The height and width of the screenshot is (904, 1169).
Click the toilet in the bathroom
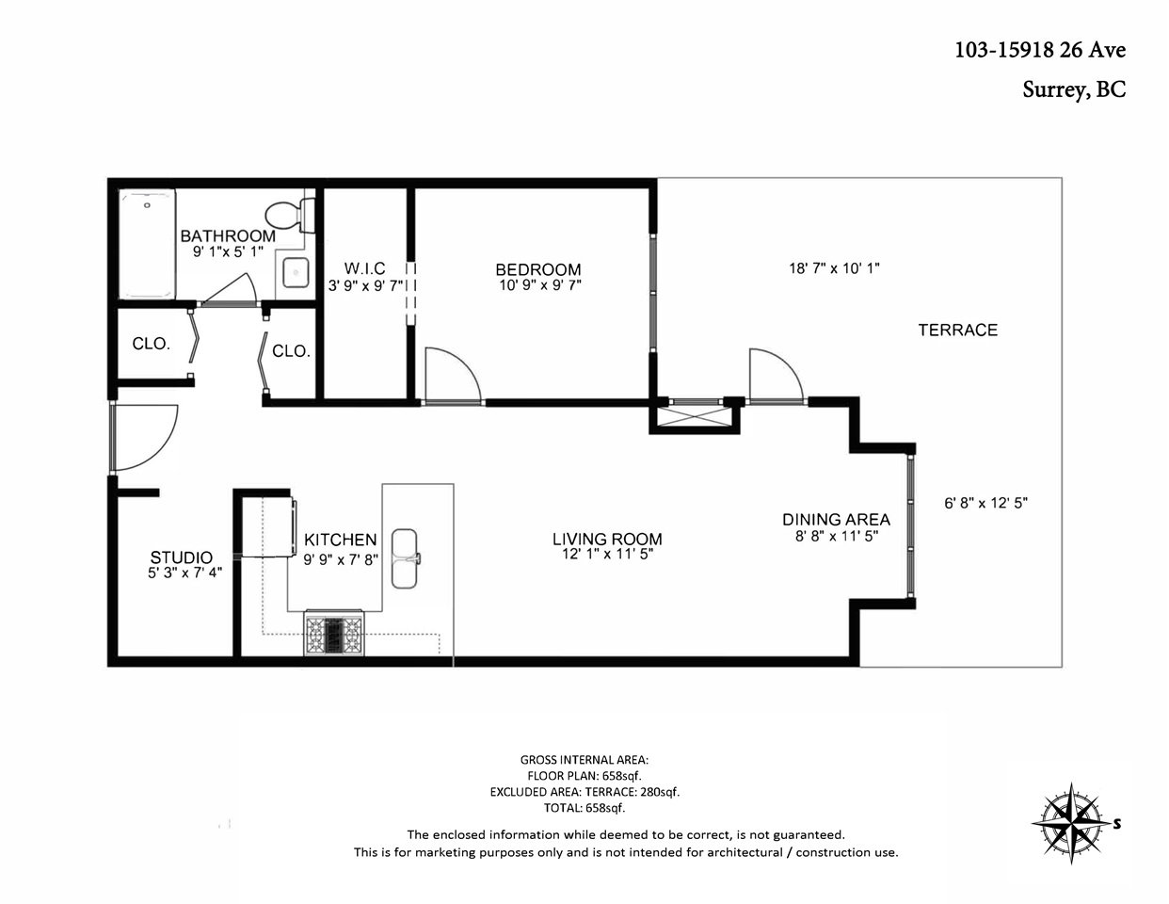coord(291,215)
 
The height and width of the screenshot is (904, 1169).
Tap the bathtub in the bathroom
coord(148,244)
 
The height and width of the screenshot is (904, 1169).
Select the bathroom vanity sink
coord(296,273)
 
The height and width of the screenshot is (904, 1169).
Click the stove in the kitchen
coord(334,635)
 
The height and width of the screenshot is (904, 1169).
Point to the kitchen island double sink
coord(405,558)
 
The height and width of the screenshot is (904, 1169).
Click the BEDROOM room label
coord(538,269)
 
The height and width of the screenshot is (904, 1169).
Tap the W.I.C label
coord(365,268)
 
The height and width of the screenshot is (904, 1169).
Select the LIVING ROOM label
coord(607,539)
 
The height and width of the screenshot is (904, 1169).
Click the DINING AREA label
coord(836,519)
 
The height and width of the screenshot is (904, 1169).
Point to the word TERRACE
coord(957,330)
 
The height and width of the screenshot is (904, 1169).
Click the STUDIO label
coord(182,557)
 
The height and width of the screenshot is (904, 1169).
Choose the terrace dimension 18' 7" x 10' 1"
coord(834,268)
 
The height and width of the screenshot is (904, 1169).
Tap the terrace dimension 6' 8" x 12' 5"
coord(986,503)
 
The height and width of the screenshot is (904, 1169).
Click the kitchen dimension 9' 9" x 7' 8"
coord(341,560)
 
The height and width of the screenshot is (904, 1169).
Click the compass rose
coord(1072,823)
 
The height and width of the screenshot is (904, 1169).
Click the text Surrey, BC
coord(1074,89)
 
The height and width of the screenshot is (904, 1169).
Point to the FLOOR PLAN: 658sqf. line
coord(584,775)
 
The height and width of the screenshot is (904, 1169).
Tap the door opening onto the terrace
coord(776,375)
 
